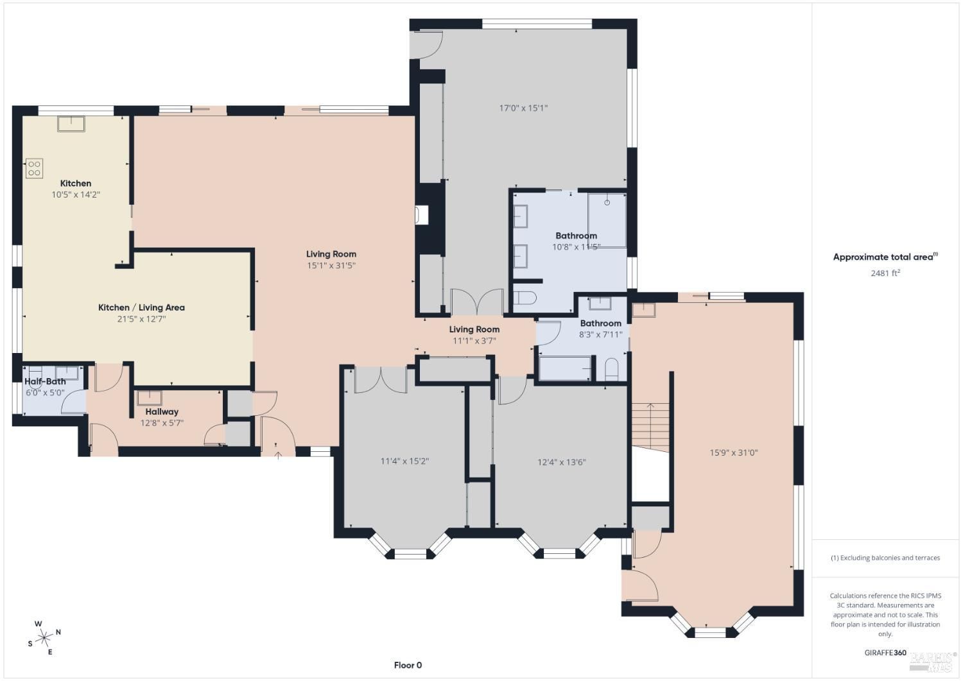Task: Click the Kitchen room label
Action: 76,183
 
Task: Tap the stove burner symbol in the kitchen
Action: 34,168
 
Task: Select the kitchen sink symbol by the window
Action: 71,124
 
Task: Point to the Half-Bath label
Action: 45,381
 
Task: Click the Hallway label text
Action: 162,411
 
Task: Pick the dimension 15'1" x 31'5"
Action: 331,265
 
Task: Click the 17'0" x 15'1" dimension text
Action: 523,108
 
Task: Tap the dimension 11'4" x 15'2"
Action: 404,461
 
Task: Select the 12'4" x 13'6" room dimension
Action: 562,461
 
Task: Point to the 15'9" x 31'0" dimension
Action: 733,453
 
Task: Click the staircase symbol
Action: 650,427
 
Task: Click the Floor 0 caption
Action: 408,665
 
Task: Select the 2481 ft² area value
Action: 885,273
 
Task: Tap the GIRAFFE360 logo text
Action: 885,653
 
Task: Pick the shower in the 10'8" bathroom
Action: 607,220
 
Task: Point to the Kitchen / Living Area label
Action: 141,307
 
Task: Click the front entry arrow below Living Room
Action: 278,455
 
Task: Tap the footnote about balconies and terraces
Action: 885,558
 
